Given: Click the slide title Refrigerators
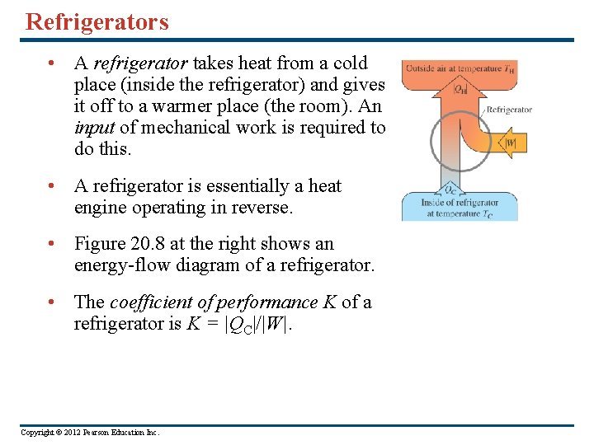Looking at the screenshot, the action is (97, 21).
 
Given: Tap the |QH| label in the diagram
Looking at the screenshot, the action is (460, 89).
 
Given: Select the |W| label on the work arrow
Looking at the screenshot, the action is (511, 143).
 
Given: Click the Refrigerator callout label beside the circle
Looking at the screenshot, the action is (509, 110).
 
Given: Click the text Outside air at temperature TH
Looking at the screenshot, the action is (460, 68).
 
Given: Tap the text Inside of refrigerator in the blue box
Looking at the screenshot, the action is (460, 203).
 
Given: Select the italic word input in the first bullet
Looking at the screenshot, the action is (94, 128).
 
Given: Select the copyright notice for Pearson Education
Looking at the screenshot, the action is (90, 433).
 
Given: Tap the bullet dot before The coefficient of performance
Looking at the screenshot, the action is (52, 302).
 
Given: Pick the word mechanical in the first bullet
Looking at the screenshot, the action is (180, 128).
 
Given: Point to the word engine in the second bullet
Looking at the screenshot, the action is (101, 208).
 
